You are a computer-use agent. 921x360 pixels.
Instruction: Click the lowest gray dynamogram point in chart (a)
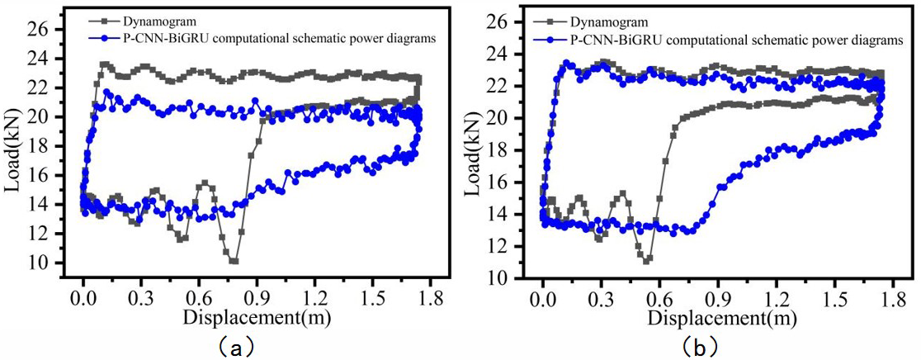pos(234,261)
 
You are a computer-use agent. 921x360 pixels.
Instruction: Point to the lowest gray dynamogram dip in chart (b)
pos(648,259)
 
